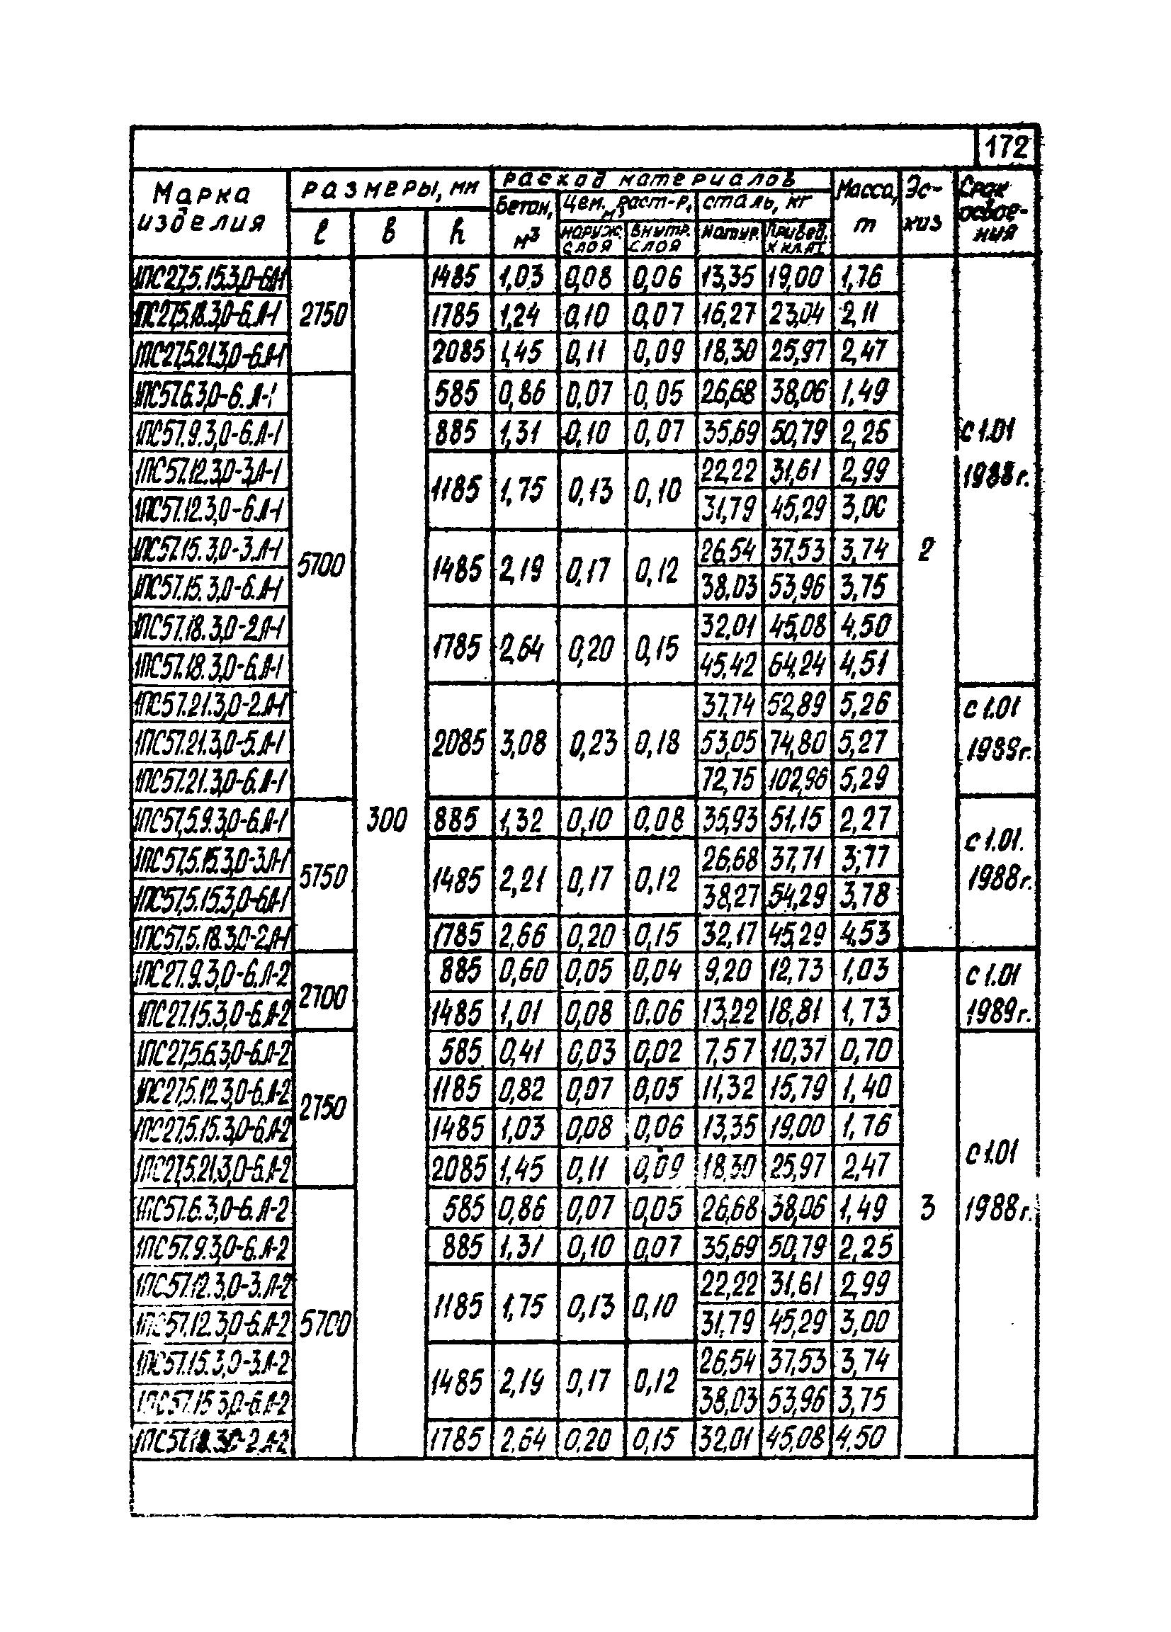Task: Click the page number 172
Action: point(1005,148)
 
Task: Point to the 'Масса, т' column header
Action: point(866,209)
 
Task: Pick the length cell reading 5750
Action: point(322,877)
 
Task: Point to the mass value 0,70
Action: point(865,1051)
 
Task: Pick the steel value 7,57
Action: point(728,1052)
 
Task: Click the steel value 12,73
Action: point(796,971)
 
